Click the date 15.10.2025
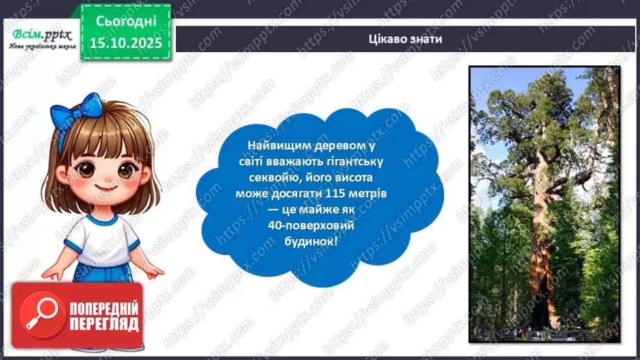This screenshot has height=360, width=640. pos(126,43)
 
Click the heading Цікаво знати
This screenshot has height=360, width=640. pos(406,39)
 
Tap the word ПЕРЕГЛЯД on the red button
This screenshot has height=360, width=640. pos(101,324)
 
